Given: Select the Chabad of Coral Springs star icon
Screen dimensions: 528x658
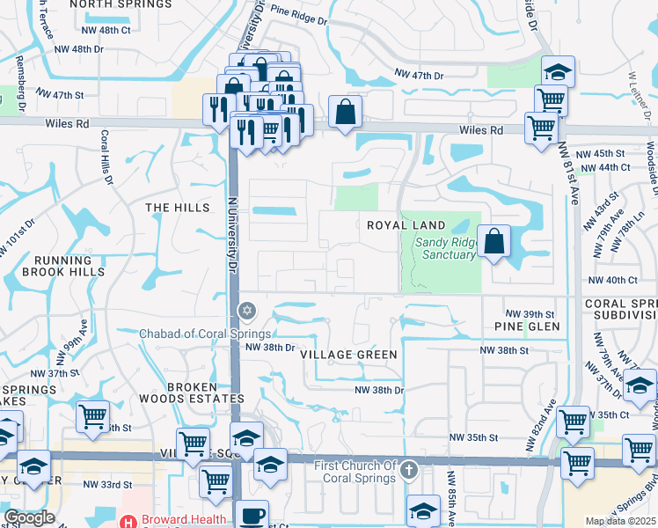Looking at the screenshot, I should tap(247, 310).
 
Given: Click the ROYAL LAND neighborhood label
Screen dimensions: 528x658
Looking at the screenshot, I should tap(407, 225).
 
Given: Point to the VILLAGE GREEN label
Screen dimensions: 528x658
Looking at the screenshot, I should tap(348, 354).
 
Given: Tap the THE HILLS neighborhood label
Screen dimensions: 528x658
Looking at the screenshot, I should tap(178, 208).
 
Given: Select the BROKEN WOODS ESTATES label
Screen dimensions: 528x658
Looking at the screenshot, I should tap(191, 392).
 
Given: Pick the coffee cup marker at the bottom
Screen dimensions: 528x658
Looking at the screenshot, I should tap(253, 514).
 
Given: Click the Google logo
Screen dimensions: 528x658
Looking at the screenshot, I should tap(29, 517).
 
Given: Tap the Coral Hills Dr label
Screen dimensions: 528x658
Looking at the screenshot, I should tap(107, 158).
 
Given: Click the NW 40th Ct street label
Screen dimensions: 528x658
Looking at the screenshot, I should tap(612, 280).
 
